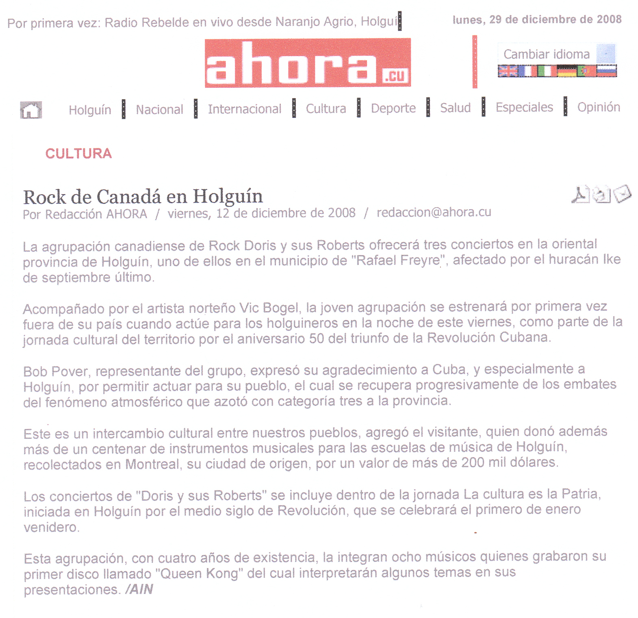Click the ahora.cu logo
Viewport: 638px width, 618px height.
(x=308, y=63)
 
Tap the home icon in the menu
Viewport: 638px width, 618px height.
(x=31, y=110)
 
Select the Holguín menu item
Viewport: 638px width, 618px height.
(x=90, y=110)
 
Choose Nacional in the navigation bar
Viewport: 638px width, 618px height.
(x=159, y=109)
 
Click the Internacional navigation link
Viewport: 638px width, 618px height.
(x=245, y=109)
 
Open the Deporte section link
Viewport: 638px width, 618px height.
(x=393, y=108)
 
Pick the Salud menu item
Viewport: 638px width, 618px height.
(x=455, y=108)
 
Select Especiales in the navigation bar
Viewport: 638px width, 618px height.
(x=524, y=107)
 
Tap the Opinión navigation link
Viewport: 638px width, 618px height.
(x=599, y=107)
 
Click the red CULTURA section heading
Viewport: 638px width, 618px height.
(x=78, y=154)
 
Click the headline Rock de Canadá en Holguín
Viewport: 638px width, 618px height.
(x=143, y=197)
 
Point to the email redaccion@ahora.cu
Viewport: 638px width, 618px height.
(x=434, y=212)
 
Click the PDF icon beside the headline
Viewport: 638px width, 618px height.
(x=580, y=194)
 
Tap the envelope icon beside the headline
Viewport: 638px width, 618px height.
(x=623, y=193)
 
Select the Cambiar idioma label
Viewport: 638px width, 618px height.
(x=546, y=54)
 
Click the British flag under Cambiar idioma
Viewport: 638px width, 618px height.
(x=508, y=71)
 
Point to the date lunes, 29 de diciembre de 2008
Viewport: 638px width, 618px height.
(x=537, y=20)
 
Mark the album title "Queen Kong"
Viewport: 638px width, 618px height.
(x=199, y=574)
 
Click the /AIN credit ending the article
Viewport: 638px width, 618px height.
(x=139, y=589)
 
